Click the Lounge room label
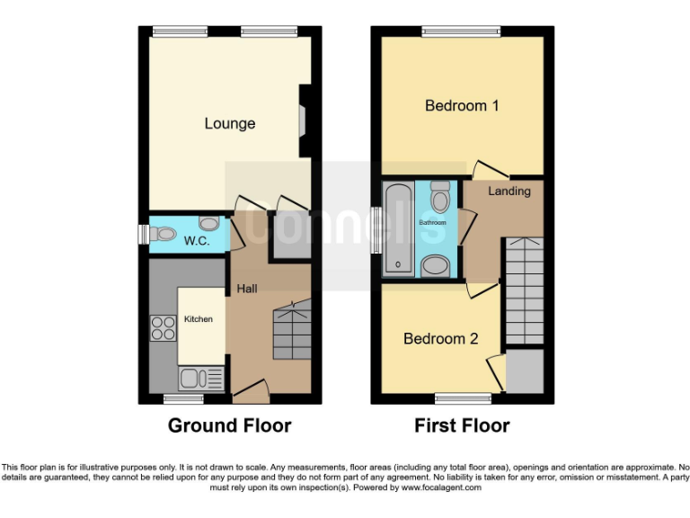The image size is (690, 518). tap(230, 124)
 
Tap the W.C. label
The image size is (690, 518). tap(197, 242)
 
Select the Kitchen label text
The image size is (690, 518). tap(199, 319)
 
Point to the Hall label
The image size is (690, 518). tap(247, 289)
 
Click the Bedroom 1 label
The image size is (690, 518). tap(462, 106)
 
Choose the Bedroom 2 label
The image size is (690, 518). tap(440, 339)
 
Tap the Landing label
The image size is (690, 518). tap(509, 192)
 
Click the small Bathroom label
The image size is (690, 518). tap(433, 221)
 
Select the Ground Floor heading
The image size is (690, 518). tap(230, 425)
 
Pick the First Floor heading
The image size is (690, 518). tap(462, 425)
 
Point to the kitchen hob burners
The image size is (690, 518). tap(164, 328)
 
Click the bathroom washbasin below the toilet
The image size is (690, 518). tap(437, 264)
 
